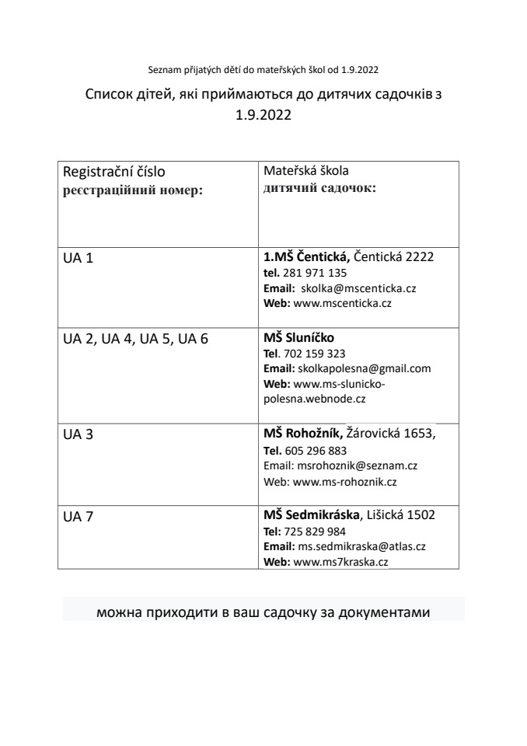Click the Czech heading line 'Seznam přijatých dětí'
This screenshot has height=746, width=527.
click(263, 70)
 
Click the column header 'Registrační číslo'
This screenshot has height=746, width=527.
click(113, 172)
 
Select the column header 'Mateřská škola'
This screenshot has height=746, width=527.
click(305, 171)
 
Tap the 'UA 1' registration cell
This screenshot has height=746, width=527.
click(78, 258)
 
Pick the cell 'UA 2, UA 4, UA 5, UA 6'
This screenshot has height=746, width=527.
click(135, 339)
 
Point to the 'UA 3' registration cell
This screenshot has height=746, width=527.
click(78, 434)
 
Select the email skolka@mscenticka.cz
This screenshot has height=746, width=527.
click(359, 288)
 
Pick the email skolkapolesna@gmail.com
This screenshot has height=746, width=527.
click(365, 368)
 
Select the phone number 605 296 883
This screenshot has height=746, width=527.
click(316, 451)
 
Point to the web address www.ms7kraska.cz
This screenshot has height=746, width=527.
click(340, 561)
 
